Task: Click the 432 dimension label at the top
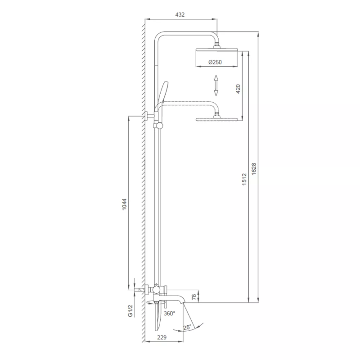coord(180,15)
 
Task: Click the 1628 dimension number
coord(254,169)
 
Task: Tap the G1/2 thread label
coord(131,310)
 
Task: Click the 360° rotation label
coord(169,314)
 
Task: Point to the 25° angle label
coord(188,327)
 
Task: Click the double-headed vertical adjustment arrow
coord(216,85)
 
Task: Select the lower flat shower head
coord(216,119)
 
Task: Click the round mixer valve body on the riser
coord(156,288)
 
